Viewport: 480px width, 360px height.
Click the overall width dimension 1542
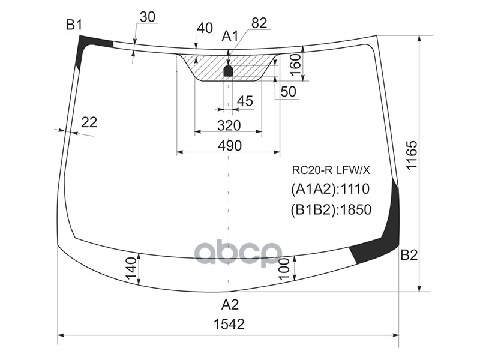pos(229,324)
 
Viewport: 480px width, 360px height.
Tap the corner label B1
pos(74,25)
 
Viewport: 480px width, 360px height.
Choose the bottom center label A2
pos(229,303)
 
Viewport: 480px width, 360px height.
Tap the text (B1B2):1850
pos(331,209)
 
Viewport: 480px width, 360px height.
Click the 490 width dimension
pos(229,145)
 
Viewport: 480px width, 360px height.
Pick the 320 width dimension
pos(229,125)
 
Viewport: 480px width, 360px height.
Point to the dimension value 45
pos(245,101)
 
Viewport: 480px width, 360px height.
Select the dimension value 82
pos(259,23)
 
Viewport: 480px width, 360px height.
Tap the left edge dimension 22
pos(89,122)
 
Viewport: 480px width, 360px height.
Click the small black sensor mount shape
pos(229,71)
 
